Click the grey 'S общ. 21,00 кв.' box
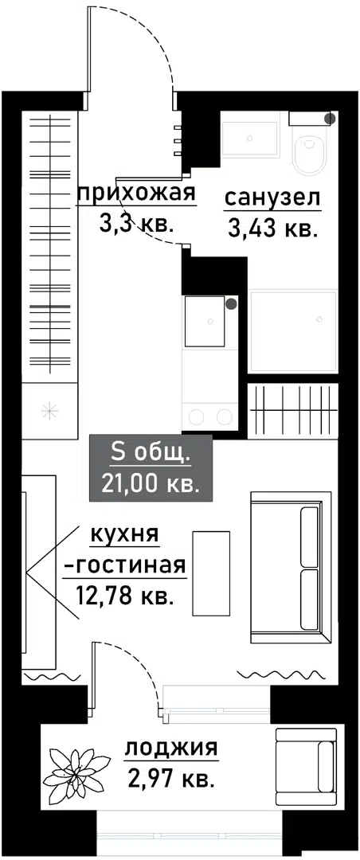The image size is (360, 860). coord(151,469)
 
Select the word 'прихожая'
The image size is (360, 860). coord(136,193)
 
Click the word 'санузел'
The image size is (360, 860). coord(272,197)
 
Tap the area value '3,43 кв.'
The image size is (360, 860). coord(272,231)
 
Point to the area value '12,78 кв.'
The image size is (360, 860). coord(126,595)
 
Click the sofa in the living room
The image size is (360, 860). coord(289,569)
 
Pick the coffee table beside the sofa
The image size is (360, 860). coord(212,573)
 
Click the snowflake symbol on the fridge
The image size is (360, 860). coord(49,410)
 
